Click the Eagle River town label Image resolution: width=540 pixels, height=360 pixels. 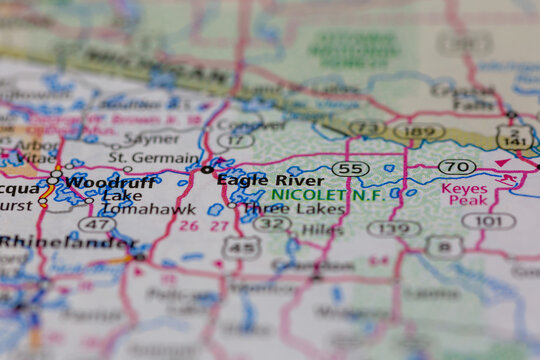[x=270, y=180]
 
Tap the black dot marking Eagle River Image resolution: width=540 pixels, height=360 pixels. [x=207, y=170]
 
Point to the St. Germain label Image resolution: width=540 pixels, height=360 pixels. [x=154, y=157]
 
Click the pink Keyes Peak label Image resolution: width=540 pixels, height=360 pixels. [x=464, y=194]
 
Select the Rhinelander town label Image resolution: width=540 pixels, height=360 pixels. [x=65, y=242]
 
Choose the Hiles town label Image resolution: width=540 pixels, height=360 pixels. [x=322, y=229]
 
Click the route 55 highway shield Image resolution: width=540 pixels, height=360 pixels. [x=350, y=168]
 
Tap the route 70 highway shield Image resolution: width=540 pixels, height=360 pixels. [x=457, y=166]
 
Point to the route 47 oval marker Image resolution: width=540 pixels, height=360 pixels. [x=97, y=224]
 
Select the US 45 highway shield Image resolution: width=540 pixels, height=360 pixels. [x=240, y=246]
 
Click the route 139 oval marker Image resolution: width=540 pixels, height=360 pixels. [x=393, y=228]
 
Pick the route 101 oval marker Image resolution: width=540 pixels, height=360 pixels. [x=489, y=220]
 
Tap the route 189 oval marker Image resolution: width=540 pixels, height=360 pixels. [x=420, y=130]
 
